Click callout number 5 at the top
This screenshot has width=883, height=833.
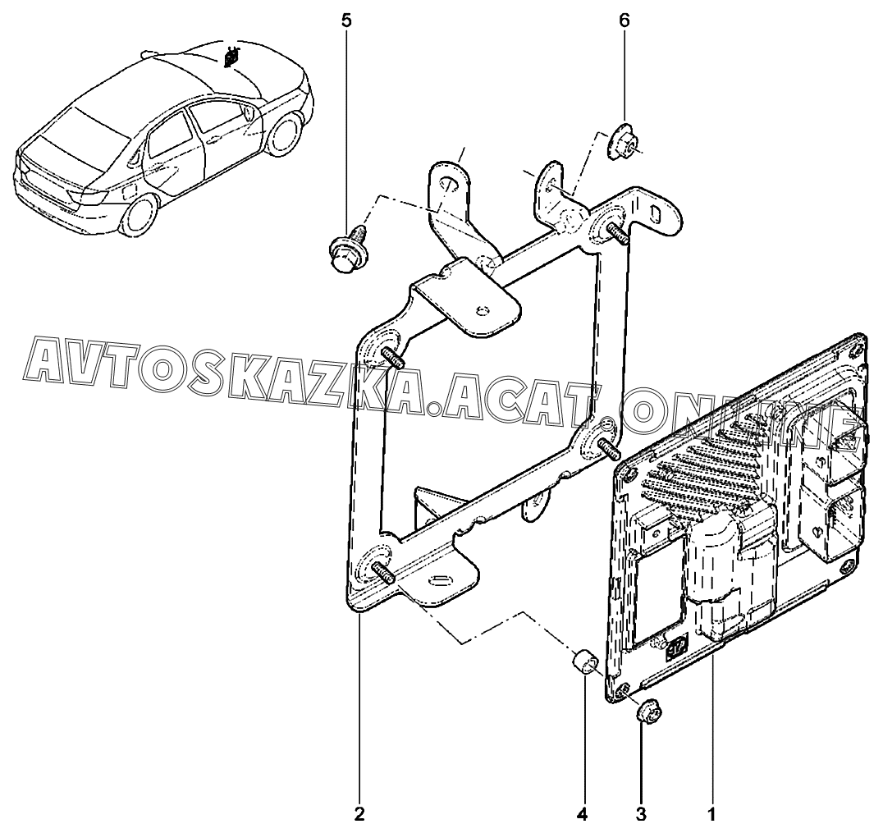coord(345,21)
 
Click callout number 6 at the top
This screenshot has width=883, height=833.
coord(624,21)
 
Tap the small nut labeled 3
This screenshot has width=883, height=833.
coord(647,714)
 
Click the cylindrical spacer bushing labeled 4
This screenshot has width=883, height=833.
coord(583,662)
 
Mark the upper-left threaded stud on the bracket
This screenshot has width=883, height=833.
coord(393,358)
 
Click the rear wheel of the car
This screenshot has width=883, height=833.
coord(137,214)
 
